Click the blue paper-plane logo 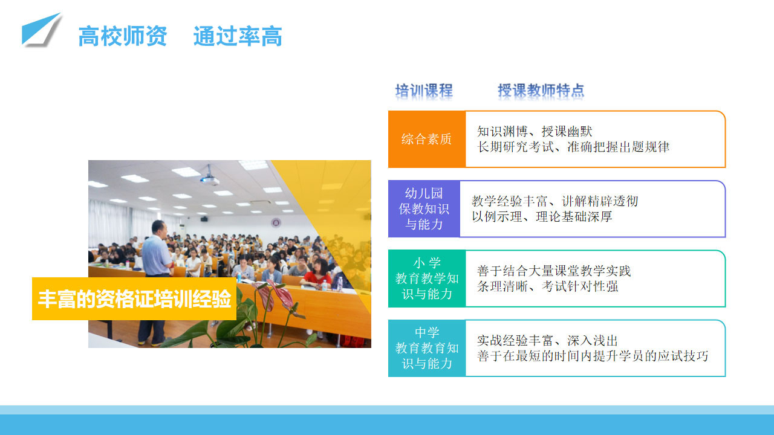click(x=40, y=30)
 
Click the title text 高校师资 click(x=123, y=36)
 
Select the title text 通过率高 click(x=238, y=36)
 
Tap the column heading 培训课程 click(x=424, y=91)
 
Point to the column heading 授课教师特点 click(x=541, y=91)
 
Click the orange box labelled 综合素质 click(x=427, y=139)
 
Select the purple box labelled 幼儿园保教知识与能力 click(x=424, y=209)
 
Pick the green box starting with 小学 click(x=427, y=279)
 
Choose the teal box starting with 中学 click(x=427, y=348)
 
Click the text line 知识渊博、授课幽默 click(x=535, y=131)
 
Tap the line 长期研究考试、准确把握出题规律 click(x=573, y=147)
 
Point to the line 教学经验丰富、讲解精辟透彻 click(x=554, y=201)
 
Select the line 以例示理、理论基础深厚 click(x=542, y=217)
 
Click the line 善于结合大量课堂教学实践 click(x=554, y=271)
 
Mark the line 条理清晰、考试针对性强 click(x=548, y=286)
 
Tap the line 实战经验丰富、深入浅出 click(x=547, y=341)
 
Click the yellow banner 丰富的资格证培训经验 click(x=134, y=298)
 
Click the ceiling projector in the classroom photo click(x=209, y=178)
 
